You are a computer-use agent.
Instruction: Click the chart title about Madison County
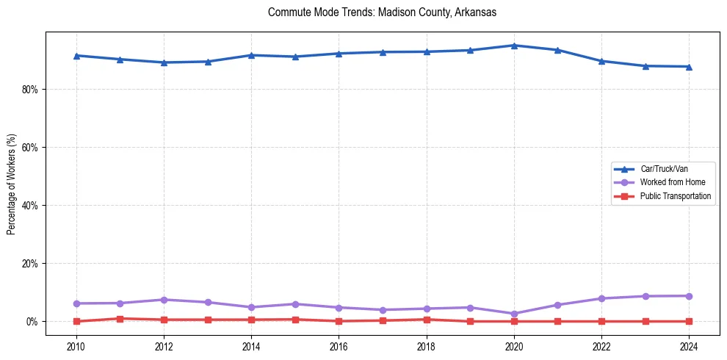pos(382,12)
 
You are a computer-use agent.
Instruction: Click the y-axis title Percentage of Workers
pos(11,184)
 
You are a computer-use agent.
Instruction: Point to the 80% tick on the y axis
pos(29,90)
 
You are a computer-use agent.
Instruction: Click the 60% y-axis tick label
pos(29,148)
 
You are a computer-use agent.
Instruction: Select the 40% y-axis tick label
pos(29,206)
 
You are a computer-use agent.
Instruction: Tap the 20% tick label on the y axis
pos(29,264)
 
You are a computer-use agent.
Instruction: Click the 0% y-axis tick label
pos(32,322)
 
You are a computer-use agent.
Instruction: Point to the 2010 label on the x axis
pos(76,345)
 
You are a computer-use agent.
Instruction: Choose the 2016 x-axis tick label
pos(339,345)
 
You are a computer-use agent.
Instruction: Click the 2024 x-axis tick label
pos(689,345)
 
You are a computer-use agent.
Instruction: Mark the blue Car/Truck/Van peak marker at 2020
pos(514,46)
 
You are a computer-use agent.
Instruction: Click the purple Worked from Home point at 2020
pos(514,314)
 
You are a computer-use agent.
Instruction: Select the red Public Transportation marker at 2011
pos(120,319)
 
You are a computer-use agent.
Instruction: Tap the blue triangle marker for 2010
pos(76,56)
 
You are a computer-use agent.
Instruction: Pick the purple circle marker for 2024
pos(689,296)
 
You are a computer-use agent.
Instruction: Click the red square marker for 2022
pos(601,321)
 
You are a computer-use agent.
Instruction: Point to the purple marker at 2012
pos(164,300)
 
